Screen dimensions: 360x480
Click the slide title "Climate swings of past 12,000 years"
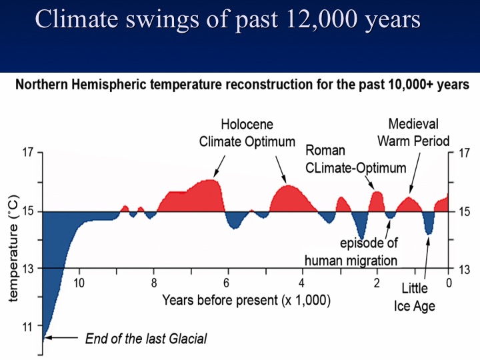pyautogui.click(x=227, y=19)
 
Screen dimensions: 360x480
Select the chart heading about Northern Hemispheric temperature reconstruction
pyautogui.click(x=242, y=85)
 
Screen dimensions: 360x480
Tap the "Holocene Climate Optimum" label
pyautogui.click(x=247, y=133)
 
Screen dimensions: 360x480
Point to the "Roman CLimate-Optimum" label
pyautogui.click(x=355, y=159)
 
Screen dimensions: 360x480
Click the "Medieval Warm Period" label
pyautogui.click(x=413, y=133)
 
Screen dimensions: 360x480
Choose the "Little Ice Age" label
pyautogui.click(x=418, y=298)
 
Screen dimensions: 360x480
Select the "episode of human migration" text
pyautogui.click(x=351, y=251)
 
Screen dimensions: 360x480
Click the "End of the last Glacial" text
pyautogui.click(x=146, y=339)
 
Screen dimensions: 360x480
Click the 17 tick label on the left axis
pyautogui.click(x=27, y=153)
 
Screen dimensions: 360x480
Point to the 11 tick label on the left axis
pyautogui.click(x=27, y=327)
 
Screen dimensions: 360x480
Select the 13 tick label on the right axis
pyautogui.click(x=463, y=269)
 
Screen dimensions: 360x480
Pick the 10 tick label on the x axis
pyautogui.click(x=79, y=283)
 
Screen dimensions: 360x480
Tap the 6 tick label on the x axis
pyautogui.click(x=227, y=283)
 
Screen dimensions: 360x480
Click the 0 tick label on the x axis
pyautogui.click(x=449, y=283)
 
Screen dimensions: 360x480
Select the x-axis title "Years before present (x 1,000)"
pyautogui.click(x=247, y=300)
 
